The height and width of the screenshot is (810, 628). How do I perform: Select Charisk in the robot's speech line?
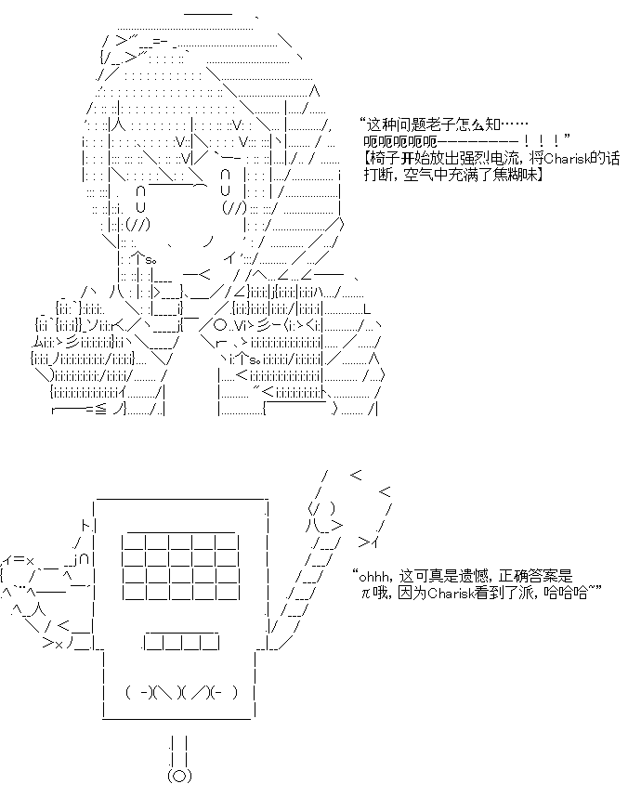451,593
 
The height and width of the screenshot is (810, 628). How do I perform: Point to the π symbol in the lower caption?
366,594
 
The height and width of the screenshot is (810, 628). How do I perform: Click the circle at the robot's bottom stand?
179,776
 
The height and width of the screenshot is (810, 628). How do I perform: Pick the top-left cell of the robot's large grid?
134,542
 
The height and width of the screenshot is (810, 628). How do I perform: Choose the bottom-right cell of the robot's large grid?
228,593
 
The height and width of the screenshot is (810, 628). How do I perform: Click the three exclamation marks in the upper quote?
542,141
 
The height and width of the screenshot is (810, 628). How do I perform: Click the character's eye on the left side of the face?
141,200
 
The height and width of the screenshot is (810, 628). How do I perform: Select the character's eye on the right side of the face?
225,182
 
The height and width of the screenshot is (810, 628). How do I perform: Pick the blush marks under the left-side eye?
137,225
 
